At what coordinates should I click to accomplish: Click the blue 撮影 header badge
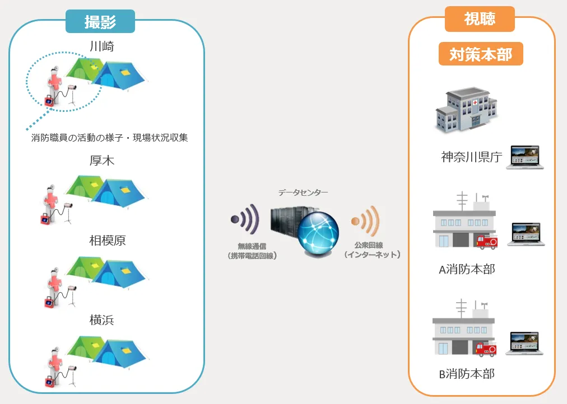[100, 22]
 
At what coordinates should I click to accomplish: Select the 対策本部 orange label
[480, 54]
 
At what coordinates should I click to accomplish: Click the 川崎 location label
[101, 46]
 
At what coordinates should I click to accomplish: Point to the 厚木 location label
[101, 161]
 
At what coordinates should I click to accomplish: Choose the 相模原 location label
[107, 241]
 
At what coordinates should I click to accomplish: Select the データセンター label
[303, 192]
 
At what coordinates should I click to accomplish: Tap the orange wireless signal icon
[366, 220]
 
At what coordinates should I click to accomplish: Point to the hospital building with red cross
[466, 110]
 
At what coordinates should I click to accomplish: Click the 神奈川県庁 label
[471, 157]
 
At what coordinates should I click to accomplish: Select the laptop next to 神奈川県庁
[525, 157]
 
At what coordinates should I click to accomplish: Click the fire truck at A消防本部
[485, 241]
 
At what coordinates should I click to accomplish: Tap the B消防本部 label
[466, 373]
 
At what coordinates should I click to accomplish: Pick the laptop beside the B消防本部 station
[525, 343]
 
